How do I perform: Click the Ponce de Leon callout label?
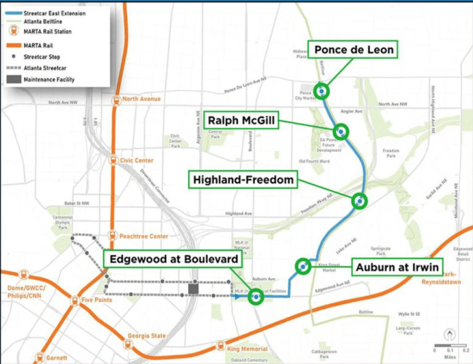tap(354, 50)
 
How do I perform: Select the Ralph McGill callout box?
tap(241, 121)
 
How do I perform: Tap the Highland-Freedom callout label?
tap(243, 180)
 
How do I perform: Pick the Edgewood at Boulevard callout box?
tap(174, 259)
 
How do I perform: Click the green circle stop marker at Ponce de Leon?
tap(321, 91)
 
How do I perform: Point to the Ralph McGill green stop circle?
tap(341, 132)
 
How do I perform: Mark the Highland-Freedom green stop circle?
tap(359, 201)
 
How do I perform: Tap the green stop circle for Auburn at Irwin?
tap(303, 267)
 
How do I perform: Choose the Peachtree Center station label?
tap(144, 237)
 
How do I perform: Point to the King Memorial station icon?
tap(221, 346)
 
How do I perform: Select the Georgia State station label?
tap(146, 336)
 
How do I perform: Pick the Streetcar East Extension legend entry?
tap(48, 13)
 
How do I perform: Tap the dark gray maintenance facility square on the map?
tap(194, 289)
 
